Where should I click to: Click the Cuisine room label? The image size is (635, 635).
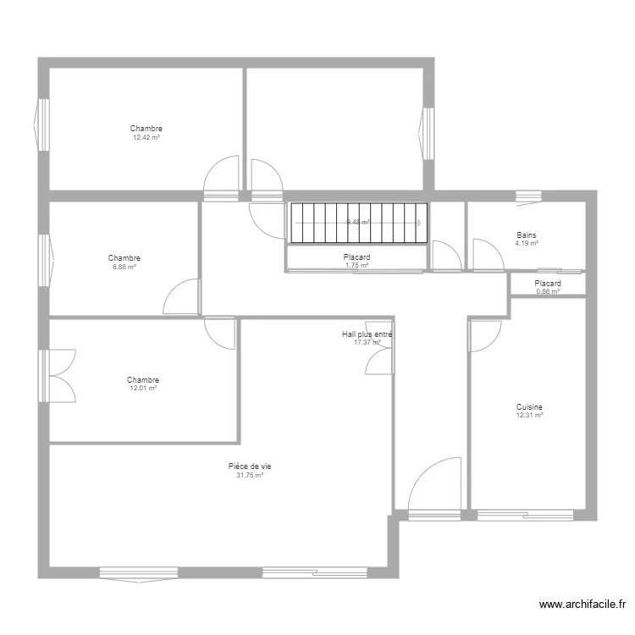[x=529, y=406]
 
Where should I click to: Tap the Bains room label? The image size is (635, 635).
[x=527, y=235]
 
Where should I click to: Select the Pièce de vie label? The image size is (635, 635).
[x=249, y=467]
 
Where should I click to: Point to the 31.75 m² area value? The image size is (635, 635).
[x=249, y=476]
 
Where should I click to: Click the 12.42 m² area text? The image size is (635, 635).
[x=146, y=137]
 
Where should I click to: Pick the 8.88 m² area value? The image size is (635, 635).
[x=124, y=267]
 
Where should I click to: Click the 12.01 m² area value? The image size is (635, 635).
[x=142, y=389]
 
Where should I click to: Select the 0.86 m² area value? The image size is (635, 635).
[x=547, y=292]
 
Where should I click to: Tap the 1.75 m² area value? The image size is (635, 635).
[x=356, y=265]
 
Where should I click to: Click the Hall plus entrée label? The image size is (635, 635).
[x=367, y=334]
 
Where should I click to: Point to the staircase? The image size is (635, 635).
[x=356, y=223]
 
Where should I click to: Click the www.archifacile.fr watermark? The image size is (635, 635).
[x=583, y=605]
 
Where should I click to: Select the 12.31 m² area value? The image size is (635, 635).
[x=529, y=416]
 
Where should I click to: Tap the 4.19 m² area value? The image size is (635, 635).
[x=527, y=244]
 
